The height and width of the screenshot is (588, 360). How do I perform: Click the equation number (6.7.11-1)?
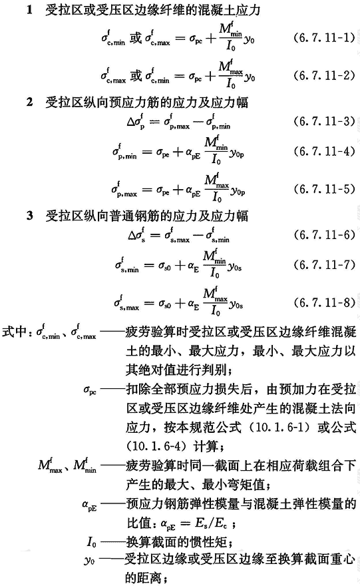click(325, 38)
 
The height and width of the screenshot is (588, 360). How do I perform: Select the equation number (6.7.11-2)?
click(325, 75)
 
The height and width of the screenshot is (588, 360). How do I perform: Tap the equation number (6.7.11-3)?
click(325, 121)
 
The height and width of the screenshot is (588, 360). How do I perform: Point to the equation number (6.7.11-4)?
click(325, 151)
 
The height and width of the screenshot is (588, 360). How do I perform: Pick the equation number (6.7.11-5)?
click(325, 188)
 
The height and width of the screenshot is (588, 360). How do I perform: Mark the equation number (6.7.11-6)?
click(325, 235)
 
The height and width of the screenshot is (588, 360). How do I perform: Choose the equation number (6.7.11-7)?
click(325, 265)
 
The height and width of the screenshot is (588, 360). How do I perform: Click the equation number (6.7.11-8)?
click(325, 302)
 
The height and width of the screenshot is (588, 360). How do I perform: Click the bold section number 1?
click(29, 9)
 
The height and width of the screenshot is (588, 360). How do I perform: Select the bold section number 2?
click(29, 102)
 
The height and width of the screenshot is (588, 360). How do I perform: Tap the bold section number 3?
click(29, 215)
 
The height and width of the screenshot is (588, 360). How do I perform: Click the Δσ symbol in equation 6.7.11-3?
click(136, 121)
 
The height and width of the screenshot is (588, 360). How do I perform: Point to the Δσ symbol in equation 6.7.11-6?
click(136, 234)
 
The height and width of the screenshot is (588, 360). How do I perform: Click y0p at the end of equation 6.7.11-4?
click(237, 152)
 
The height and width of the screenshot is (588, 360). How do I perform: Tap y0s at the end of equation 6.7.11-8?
click(236, 304)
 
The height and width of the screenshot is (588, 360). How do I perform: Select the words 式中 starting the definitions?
click(14, 332)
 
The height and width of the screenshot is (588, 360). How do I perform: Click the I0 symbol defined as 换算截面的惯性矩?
click(91, 542)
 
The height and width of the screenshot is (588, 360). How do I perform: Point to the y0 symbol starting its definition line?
click(89, 561)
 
